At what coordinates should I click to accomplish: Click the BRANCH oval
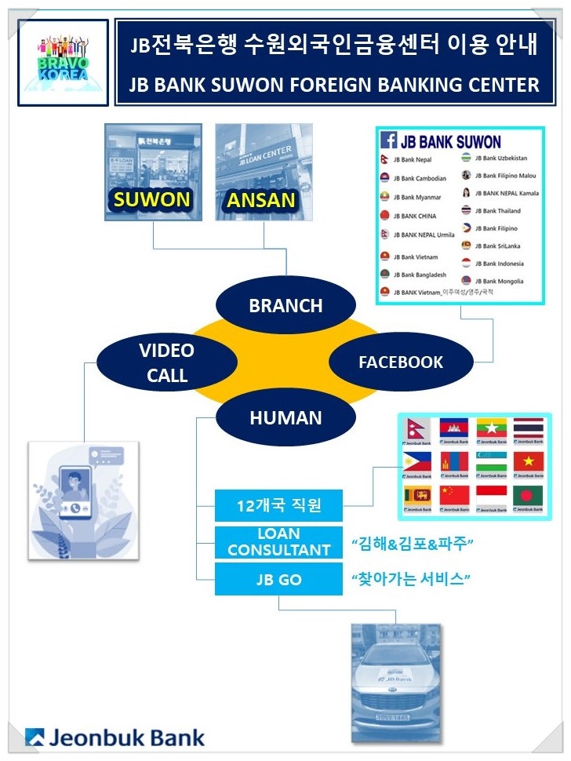(x=285, y=305)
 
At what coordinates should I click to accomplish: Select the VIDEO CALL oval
(x=166, y=362)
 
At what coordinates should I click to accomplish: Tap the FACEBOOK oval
(x=401, y=362)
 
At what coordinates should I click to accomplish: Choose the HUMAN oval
(x=285, y=418)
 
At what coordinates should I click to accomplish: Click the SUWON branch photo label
(x=152, y=199)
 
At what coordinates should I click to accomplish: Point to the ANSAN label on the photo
(x=261, y=200)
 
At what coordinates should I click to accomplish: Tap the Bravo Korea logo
(x=63, y=61)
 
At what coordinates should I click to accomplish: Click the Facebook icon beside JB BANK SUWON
(x=388, y=140)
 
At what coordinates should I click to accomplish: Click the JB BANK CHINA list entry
(x=415, y=216)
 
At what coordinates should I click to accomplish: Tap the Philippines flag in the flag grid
(x=416, y=461)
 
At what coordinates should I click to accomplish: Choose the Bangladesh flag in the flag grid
(x=528, y=496)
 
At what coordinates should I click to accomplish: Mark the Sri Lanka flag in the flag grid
(x=416, y=496)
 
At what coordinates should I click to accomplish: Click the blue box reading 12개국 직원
(x=279, y=506)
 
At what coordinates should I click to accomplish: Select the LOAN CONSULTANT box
(x=279, y=543)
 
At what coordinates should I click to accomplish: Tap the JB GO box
(x=279, y=581)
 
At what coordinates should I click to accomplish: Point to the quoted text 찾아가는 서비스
(x=410, y=581)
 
